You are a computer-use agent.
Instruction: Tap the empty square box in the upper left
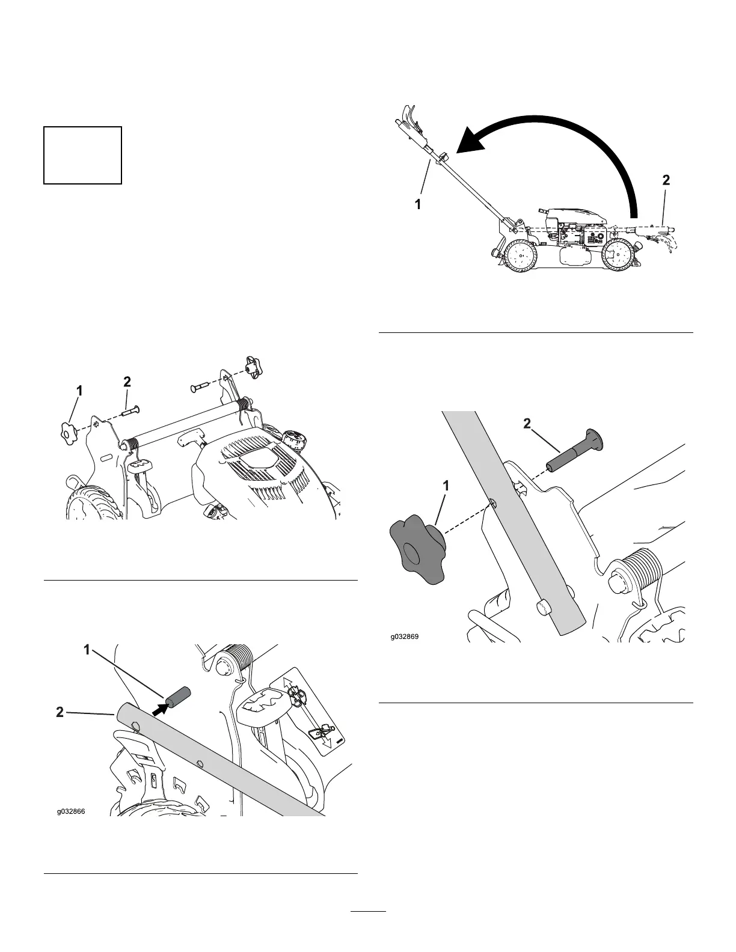[x=83, y=155]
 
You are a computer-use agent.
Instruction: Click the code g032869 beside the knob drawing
[x=402, y=635]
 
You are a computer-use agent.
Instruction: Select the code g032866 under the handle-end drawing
[x=72, y=811]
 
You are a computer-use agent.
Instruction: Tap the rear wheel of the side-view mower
[x=520, y=258]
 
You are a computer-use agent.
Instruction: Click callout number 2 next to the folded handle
[x=666, y=180]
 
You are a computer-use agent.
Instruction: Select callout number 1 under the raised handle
[x=417, y=204]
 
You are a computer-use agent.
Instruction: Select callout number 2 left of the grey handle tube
[x=59, y=713]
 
